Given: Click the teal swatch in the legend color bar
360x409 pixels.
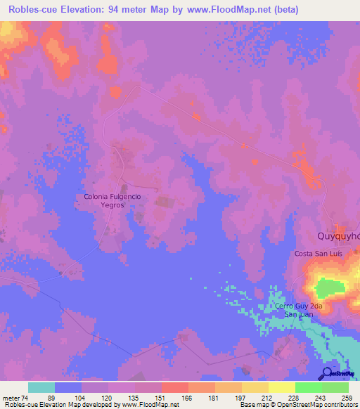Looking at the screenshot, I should pyautogui.click(x=41, y=387).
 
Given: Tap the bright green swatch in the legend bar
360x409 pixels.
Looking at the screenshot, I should pyautogui.click(x=309, y=387).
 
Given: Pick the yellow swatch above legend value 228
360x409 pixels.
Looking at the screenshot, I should pyautogui.click(x=282, y=387).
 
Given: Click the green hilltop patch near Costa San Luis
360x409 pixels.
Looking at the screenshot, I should pyautogui.click(x=330, y=287).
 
